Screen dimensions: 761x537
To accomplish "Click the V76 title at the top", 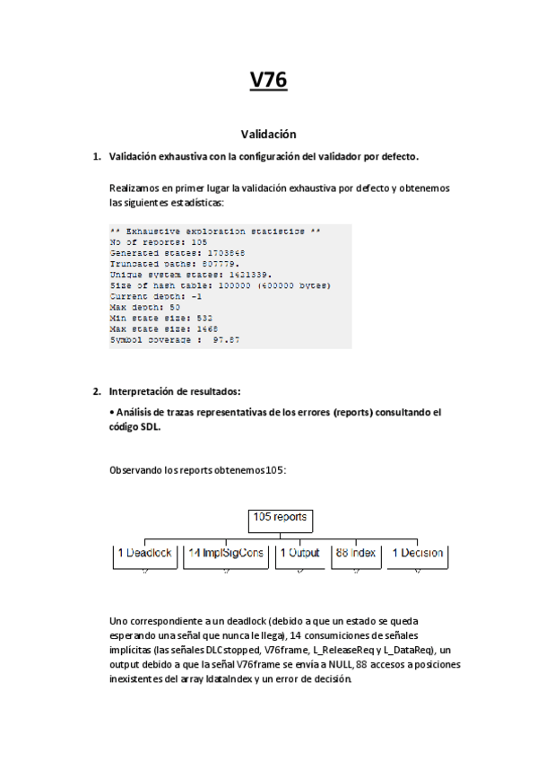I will click(268, 81).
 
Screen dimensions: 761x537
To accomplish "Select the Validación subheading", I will click(268, 135).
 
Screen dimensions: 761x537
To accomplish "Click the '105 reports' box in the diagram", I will click(280, 518).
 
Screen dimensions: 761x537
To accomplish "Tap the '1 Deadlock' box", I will click(144, 554).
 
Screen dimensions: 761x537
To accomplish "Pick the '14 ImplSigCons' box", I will click(225, 554).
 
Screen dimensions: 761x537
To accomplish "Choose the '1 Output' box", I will click(299, 554).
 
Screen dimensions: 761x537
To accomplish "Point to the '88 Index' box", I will click(356, 554).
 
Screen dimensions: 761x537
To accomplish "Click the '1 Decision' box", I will click(417, 554).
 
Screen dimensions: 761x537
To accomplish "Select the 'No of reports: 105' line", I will click(159, 242).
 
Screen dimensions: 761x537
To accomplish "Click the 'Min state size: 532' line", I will click(161, 319).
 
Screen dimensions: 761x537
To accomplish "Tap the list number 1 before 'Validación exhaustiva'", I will click(97, 157).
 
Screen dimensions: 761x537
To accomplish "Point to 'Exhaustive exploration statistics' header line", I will click(214, 232).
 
